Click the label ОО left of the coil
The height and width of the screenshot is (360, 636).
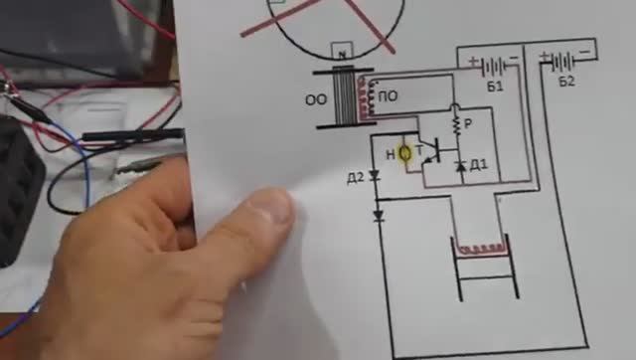point(315,99)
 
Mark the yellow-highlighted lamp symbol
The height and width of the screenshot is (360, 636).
point(405,154)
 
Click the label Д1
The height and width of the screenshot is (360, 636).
point(477,164)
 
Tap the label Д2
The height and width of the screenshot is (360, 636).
point(355,178)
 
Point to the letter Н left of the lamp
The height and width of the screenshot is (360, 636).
point(391,154)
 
